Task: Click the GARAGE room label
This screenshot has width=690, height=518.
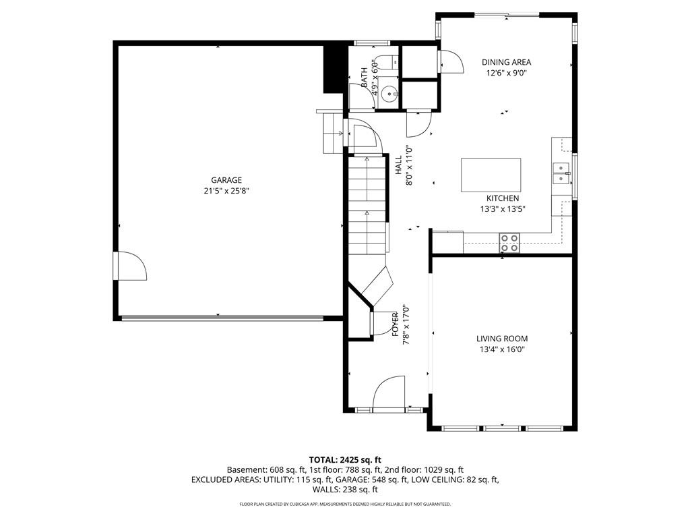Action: (x=226, y=180)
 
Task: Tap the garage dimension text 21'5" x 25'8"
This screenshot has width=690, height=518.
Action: (x=226, y=191)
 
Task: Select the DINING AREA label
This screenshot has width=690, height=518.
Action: (x=506, y=62)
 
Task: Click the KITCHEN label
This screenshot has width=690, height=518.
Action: (x=503, y=199)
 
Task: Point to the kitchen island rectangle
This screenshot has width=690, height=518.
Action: (x=491, y=175)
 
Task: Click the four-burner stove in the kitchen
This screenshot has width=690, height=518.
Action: (x=509, y=243)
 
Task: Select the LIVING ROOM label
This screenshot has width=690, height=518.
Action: (x=502, y=339)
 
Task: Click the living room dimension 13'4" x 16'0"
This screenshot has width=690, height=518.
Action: (x=502, y=350)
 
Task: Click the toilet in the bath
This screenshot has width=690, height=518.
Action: (x=389, y=62)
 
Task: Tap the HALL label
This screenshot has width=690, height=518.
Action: (x=399, y=165)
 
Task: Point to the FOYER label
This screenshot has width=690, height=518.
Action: (x=395, y=324)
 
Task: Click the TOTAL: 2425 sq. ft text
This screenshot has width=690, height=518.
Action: (x=345, y=461)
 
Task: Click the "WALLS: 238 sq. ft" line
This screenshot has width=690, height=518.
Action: (x=345, y=490)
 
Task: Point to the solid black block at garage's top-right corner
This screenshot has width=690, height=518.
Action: (x=333, y=68)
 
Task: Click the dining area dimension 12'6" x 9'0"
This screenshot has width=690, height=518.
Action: (x=506, y=73)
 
